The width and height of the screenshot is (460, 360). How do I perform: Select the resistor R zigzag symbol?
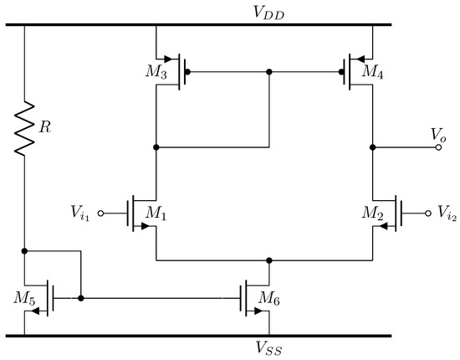(x=25, y=127)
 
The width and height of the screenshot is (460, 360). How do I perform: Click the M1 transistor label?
(x=156, y=215)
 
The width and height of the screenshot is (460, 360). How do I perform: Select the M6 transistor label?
(x=269, y=298)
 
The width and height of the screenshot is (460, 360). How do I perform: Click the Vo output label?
(x=437, y=134)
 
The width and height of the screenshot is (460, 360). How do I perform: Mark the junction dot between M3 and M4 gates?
(x=268, y=72)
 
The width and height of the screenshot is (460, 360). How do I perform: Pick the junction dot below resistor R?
(x=25, y=250)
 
